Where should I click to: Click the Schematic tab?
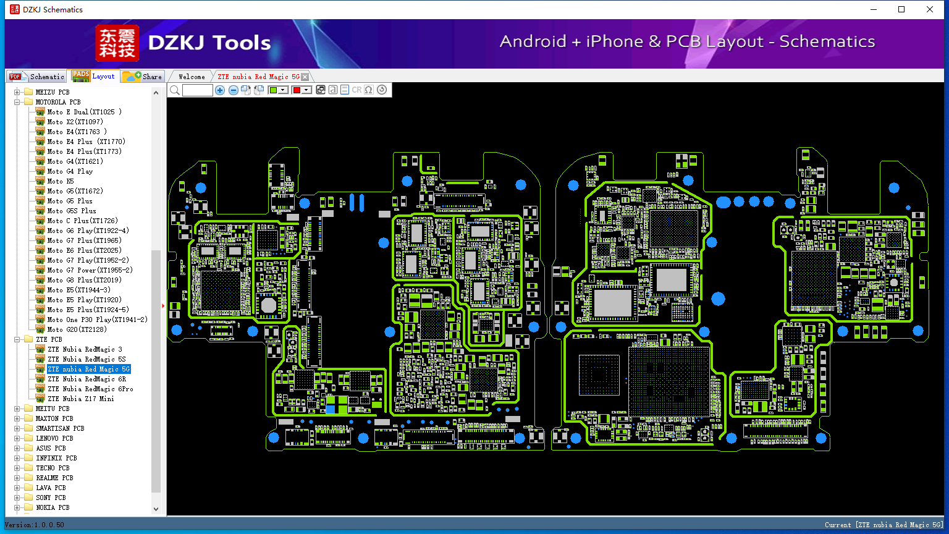pyautogui.click(x=37, y=76)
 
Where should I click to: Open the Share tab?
pyautogui.click(x=143, y=76)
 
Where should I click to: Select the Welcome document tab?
pyautogui.click(x=192, y=77)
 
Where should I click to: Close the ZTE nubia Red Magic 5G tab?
pyautogui.click(x=305, y=77)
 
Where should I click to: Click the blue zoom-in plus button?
pyautogui.click(x=220, y=90)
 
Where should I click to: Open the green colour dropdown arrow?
pyautogui.click(x=283, y=90)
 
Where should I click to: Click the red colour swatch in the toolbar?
pyautogui.click(x=297, y=90)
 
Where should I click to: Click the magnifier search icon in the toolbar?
pyautogui.click(x=175, y=90)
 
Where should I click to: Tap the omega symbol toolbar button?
pyautogui.click(x=369, y=90)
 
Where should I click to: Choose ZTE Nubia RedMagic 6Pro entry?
pyautogui.click(x=90, y=389)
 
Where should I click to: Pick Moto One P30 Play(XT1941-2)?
pyautogui.click(x=98, y=320)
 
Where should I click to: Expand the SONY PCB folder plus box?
pyautogui.click(x=17, y=498)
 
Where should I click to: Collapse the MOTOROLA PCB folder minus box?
pyautogui.click(x=17, y=102)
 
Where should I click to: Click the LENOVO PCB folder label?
pyautogui.click(x=54, y=438)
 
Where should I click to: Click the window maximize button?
pyautogui.click(x=901, y=9)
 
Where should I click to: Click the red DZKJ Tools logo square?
pyautogui.click(x=117, y=43)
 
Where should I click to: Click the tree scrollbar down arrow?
pyautogui.click(x=156, y=509)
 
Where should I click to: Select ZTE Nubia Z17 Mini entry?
pyautogui.click(x=81, y=399)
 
